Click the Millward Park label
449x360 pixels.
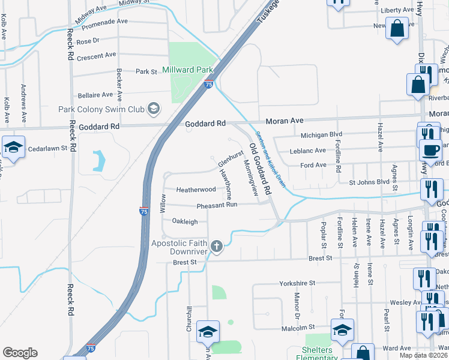point(188,70)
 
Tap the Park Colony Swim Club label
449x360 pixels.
point(101,109)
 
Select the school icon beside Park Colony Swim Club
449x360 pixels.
point(154,109)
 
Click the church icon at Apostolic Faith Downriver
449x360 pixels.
point(216,245)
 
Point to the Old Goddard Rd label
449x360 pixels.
point(261,168)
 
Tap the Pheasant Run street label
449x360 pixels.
point(217,205)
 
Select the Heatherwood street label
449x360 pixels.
point(196,190)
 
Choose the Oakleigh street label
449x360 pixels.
point(185,221)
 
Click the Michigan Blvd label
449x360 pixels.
point(321,135)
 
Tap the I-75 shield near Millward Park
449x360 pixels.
point(209,85)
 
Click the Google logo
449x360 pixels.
point(20,353)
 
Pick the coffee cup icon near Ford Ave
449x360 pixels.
point(430,150)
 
